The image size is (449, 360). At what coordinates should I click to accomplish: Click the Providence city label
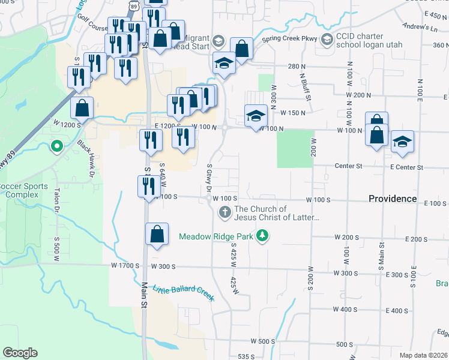pyautogui.click(x=393, y=199)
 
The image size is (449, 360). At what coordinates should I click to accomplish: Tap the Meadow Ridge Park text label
pyautogui.click(x=216, y=236)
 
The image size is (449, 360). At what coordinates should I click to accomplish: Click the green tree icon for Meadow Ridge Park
pyautogui.click(x=262, y=236)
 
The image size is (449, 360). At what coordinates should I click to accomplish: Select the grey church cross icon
pyautogui.click(x=224, y=212)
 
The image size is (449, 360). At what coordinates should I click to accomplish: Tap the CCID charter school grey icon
pyautogui.click(x=327, y=41)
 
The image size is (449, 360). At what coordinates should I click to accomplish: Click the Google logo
pyautogui.click(x=20, y=353)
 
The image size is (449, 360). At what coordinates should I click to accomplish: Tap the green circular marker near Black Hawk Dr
pyautogui.click(x=57, y=146)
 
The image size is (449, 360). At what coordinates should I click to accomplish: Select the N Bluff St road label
pyautogui.click(x=306, y=85)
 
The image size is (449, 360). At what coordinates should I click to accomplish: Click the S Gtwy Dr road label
pyautogui.click(x=209, y=178)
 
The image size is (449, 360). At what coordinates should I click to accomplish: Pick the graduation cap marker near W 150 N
pyautogui.click(x=256, y=116)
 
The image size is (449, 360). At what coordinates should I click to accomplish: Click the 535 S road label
pyautogui.click(x=247, y=356)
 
